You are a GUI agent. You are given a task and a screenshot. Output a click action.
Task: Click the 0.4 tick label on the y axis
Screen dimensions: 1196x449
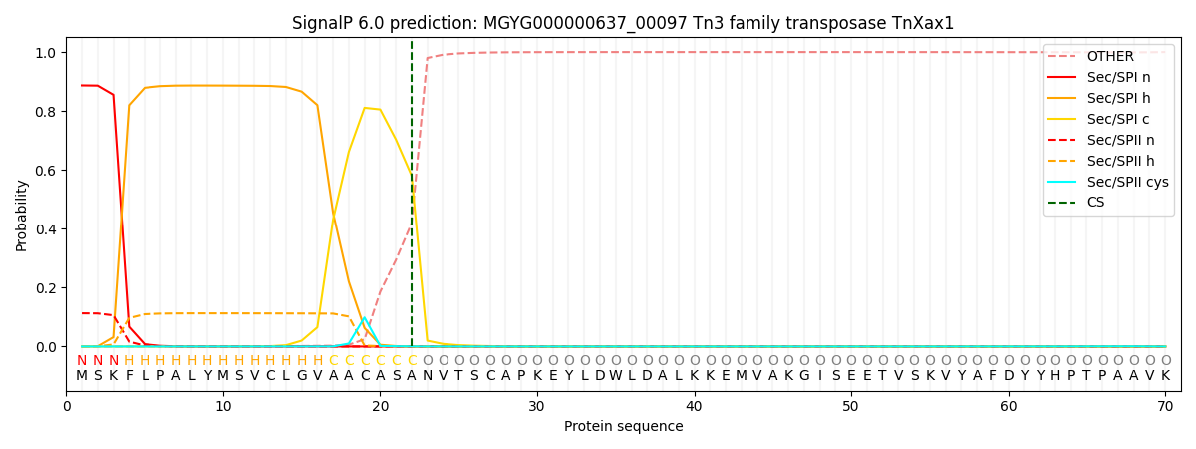coord(46,228)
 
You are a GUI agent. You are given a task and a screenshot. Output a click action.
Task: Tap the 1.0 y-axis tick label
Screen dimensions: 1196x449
coord(46,52)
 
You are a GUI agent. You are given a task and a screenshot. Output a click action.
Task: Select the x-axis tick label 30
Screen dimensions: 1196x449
coord(536,407)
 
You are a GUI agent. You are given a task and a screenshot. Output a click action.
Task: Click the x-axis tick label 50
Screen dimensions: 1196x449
coord(850,407)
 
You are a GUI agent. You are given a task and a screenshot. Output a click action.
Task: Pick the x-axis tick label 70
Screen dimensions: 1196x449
coord(1165,407)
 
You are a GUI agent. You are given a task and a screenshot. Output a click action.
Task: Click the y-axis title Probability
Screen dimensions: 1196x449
coord(21,216)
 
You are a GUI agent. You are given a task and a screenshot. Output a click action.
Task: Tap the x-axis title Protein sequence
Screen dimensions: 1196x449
coord(624,426)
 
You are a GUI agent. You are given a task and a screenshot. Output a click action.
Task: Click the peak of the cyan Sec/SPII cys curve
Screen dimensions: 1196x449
coord(365,318)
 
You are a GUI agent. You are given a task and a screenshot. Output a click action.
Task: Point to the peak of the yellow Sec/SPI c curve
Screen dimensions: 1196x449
coord(365,108)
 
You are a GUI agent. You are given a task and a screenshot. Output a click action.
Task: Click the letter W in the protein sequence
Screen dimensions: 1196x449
coord(616,376)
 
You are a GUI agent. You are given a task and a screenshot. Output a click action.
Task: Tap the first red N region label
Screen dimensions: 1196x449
coord(82,360)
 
